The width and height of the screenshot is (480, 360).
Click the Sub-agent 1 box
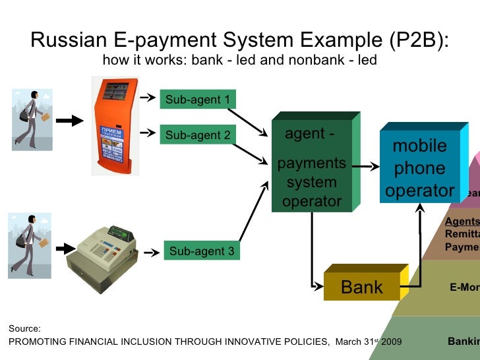click(x=198, y=100)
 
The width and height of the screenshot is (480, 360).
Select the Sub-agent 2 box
click(x=198, y=136)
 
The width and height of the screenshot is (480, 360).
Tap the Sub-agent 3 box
click(x=202, y=251)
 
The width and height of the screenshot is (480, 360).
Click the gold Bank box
click(x=361, y=287)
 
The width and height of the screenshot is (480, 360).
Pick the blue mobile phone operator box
click(x=419, y=168)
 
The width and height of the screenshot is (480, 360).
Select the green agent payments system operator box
click(x=311, y=165)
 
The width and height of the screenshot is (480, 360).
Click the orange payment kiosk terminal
click(x=116, y=125)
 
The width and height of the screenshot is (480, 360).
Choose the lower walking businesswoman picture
click(x=30, y=245)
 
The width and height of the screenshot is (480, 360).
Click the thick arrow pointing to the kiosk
click(x=69, y=121)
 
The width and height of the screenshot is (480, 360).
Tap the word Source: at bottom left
click(x=24, y=328)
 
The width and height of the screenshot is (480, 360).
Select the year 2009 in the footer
click(x=388, y=342)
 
